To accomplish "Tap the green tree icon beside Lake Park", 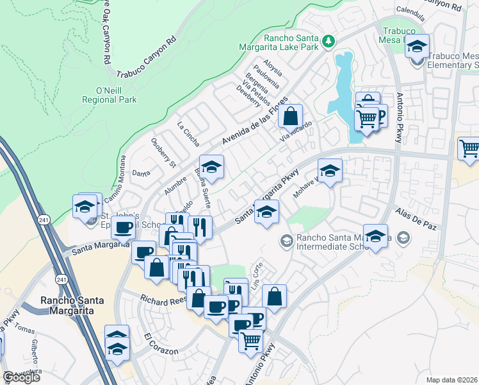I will [329, 41].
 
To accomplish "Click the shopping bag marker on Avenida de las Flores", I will [291, 116].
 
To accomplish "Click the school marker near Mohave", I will [330, 170].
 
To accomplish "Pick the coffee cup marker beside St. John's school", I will [122, 226].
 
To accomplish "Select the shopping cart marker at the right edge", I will [469, 148].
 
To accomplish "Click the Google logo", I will [21, 377].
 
